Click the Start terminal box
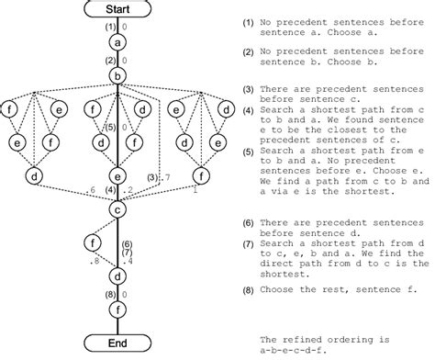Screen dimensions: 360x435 (x=117, y=9)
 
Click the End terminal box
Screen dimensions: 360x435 (x=117, y=343)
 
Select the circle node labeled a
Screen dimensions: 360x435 (x=117, y=42)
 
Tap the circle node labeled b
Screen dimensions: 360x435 (x=117, y=75)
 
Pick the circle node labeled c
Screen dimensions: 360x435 (x=117, y=208)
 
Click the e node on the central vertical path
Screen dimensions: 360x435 (x=117, y=174)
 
